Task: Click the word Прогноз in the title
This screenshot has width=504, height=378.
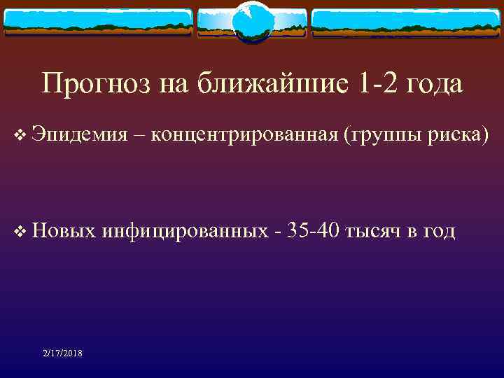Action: [x=89, y=84]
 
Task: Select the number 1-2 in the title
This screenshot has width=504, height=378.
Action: [x=379, y=84]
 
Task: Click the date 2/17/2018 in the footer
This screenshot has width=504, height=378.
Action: [x=62, y=353]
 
